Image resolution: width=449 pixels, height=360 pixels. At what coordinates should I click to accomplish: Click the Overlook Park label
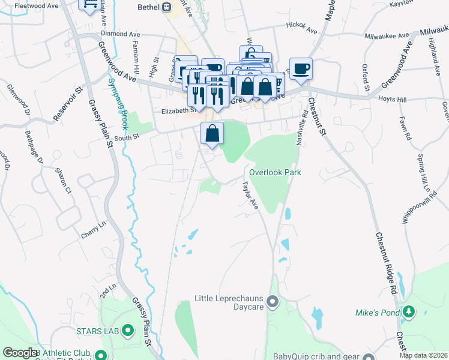point(275,172)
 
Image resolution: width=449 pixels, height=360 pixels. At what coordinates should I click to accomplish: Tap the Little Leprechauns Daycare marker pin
point(273,301)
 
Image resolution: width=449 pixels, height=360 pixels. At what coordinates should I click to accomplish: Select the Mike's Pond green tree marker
point(409,311)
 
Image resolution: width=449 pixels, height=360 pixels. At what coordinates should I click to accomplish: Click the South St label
point(127,137)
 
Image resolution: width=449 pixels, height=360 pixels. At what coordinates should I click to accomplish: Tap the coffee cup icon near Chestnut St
point(301,68)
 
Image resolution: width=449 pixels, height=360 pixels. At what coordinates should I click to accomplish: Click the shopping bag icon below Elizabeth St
point(212,133)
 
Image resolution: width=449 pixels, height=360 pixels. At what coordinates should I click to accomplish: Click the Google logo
point(20,353)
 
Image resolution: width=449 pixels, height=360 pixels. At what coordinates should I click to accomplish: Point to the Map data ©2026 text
point(423,355)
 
